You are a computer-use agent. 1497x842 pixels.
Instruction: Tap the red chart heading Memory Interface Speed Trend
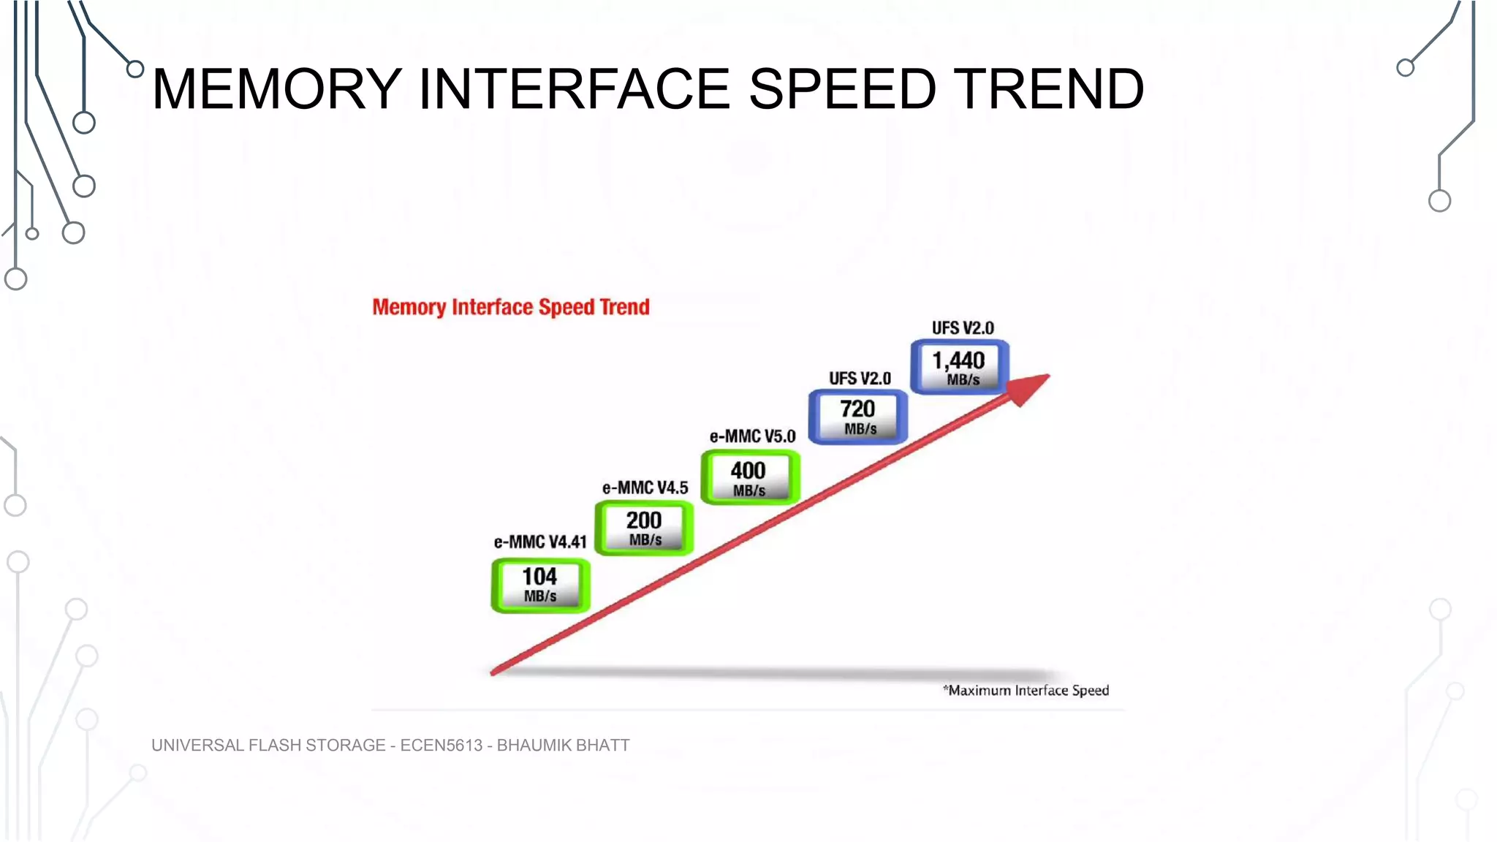point(511,307)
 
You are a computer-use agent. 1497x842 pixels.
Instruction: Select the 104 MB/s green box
point(540,585)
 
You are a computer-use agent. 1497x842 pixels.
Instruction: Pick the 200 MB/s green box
point(644,528)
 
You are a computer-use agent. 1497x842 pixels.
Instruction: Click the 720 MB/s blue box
point(858,417)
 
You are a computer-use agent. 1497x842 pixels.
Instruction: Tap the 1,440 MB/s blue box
point(960,368)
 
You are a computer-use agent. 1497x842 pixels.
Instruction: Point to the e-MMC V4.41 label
point(540,542)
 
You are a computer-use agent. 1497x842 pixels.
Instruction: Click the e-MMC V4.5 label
point(645,488)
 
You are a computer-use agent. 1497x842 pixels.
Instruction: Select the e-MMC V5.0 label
point(752,436)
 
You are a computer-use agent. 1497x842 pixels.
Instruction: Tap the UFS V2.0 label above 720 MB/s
point(860,379)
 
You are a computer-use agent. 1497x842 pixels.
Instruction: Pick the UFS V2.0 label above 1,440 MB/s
point(963,328)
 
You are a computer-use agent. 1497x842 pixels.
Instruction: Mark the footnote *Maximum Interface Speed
point(1026,691)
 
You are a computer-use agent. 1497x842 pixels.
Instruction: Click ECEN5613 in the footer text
point(441,746)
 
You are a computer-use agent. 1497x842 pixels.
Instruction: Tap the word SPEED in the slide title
point(842,89)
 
